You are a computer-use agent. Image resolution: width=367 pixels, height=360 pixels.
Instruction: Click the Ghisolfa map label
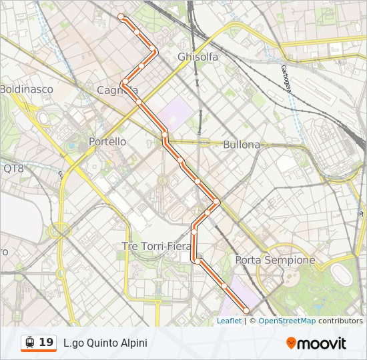pos(198,57)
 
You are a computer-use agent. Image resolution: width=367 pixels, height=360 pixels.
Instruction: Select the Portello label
pos(107,142)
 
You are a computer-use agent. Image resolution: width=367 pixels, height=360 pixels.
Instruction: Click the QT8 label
pos(13,169)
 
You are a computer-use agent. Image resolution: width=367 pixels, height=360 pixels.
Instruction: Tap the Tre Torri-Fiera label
pos(157,246)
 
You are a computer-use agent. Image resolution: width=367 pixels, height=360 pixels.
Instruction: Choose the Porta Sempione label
pos(275,260)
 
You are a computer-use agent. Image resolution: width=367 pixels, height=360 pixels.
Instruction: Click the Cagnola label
pos(117,91)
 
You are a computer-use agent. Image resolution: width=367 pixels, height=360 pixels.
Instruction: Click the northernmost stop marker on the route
pos(121,17)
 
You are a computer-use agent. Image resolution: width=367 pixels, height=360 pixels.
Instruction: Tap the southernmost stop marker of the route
pos(246,311)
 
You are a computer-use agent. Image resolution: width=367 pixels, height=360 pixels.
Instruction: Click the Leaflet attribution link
pos(229,321)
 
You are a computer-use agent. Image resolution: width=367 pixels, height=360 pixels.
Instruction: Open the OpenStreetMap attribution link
pos(287,321)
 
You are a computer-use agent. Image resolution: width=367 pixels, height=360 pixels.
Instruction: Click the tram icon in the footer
pos(29,343)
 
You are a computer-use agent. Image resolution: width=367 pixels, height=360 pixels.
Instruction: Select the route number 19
pos(46,343)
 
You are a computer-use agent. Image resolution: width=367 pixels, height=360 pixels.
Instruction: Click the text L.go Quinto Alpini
pos(105,343)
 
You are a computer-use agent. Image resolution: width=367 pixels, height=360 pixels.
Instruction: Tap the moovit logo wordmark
pos(322,343)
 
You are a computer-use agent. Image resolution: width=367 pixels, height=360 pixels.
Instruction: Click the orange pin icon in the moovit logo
pos(291,343)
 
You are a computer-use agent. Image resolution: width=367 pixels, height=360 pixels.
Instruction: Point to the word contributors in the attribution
pos(340,321)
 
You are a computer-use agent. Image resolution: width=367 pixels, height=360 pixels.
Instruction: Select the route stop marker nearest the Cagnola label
pos(125,82)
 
